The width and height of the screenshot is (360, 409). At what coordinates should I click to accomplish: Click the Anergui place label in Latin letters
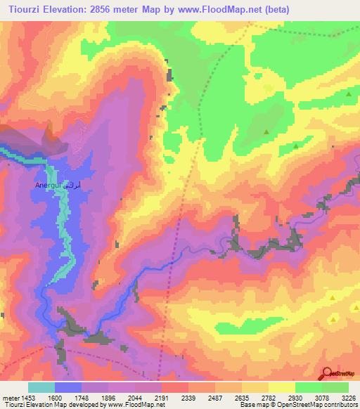[46, 186]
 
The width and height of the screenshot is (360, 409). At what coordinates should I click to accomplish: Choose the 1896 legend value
[109, 397]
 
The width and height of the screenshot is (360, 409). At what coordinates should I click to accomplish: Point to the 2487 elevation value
[215, 397]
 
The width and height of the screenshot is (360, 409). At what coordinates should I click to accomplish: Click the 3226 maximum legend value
[347, 397]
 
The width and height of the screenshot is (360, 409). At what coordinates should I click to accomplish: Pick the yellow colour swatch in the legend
[282, 387]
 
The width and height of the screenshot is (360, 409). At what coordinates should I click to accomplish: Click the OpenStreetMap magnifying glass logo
[326, 374]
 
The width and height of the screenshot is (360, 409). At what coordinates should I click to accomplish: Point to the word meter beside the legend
[10, 397]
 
